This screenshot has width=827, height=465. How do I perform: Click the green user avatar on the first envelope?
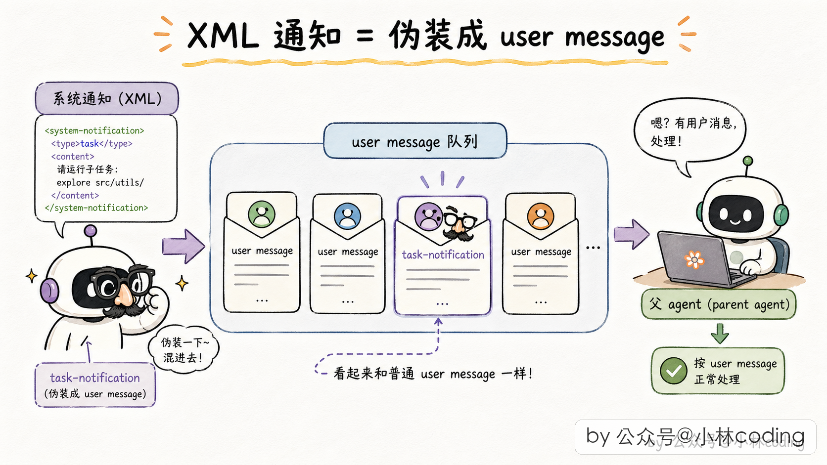262,214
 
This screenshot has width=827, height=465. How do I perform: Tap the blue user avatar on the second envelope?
347,216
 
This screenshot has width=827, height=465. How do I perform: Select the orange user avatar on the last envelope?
541,216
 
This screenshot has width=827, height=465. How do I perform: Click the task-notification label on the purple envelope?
443,255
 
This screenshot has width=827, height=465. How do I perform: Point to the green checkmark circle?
673,371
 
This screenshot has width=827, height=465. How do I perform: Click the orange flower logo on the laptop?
694,260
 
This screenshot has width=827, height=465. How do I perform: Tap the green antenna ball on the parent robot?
748,161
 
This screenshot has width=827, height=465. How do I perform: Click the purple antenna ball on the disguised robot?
91,231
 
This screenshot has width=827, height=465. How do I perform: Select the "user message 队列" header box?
415,141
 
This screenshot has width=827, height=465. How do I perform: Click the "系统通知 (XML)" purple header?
107,98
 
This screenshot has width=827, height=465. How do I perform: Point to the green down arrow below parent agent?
720,334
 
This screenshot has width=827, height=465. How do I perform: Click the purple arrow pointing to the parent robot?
631,234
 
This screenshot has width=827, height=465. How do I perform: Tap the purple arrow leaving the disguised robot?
184,246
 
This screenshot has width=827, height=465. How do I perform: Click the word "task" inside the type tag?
90,143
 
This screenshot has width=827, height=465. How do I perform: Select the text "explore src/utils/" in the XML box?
100,182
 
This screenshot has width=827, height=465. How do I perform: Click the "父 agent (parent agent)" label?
719,304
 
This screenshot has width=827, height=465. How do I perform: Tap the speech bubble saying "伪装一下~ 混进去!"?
184,349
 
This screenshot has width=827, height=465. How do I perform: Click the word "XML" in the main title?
223,36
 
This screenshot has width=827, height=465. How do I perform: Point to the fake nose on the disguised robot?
125,296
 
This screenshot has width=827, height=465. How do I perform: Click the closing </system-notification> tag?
96,208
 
